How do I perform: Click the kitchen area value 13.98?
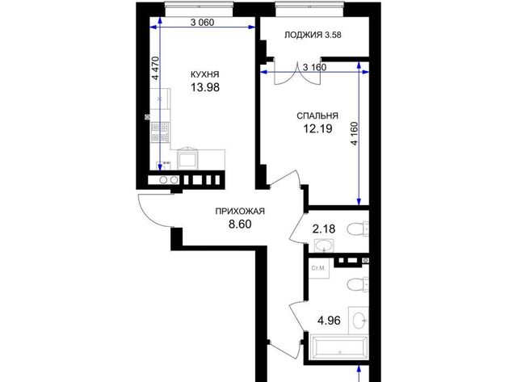click(x=205, y=87)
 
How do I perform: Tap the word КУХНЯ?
click(x=204, y=74)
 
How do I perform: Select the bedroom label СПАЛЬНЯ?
click(x=317, y=115)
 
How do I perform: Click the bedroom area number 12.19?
click(x=317, y=128)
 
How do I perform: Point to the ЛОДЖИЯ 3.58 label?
click(x=313, y=35)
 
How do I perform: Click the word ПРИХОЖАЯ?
click(x=240, y=211)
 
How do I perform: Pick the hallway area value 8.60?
click(x=240, y=225)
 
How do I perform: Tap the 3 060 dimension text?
click(x=203, y=23)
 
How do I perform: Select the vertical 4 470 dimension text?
click(x=155, y=68)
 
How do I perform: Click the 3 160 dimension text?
click(x=314, y=67)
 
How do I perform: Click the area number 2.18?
click(x=324, y=229)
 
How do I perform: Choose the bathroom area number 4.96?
click(x=329, y=321)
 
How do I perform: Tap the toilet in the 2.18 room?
click(x=358, y=229)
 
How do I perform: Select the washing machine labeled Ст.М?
click(x=319, y=268)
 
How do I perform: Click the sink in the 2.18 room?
click(x=324, y=246)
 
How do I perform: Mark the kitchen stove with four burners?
click(x=160, y=132)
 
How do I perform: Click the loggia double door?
click(x=297, y=73)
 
